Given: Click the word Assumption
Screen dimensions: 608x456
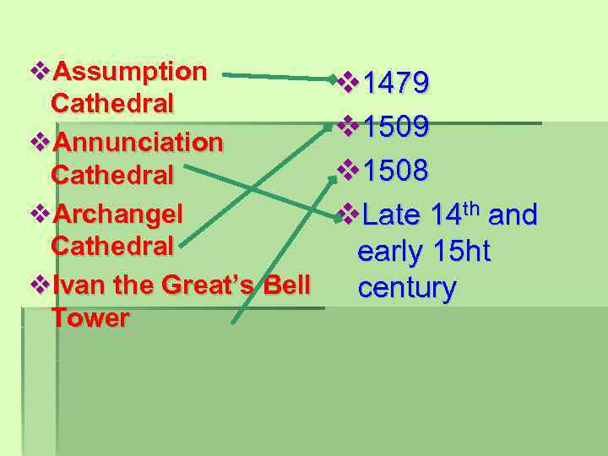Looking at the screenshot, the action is tap(129, 71).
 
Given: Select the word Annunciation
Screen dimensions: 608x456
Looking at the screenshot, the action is tap(138, 141).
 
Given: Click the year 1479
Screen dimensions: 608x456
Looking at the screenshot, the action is tap(395, 84).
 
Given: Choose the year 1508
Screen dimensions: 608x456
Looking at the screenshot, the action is tap(395, 171).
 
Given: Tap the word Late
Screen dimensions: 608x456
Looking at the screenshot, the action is tap(391, 215).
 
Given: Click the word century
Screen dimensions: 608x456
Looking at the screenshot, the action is tap(406, 288).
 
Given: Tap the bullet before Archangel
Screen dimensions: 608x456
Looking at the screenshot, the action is tap(39, 212).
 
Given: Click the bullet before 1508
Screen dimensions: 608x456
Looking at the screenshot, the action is tap(346, 171).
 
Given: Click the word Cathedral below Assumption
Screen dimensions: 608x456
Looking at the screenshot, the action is tap(112, 103).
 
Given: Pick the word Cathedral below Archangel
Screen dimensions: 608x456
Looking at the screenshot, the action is tap(112, 246).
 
